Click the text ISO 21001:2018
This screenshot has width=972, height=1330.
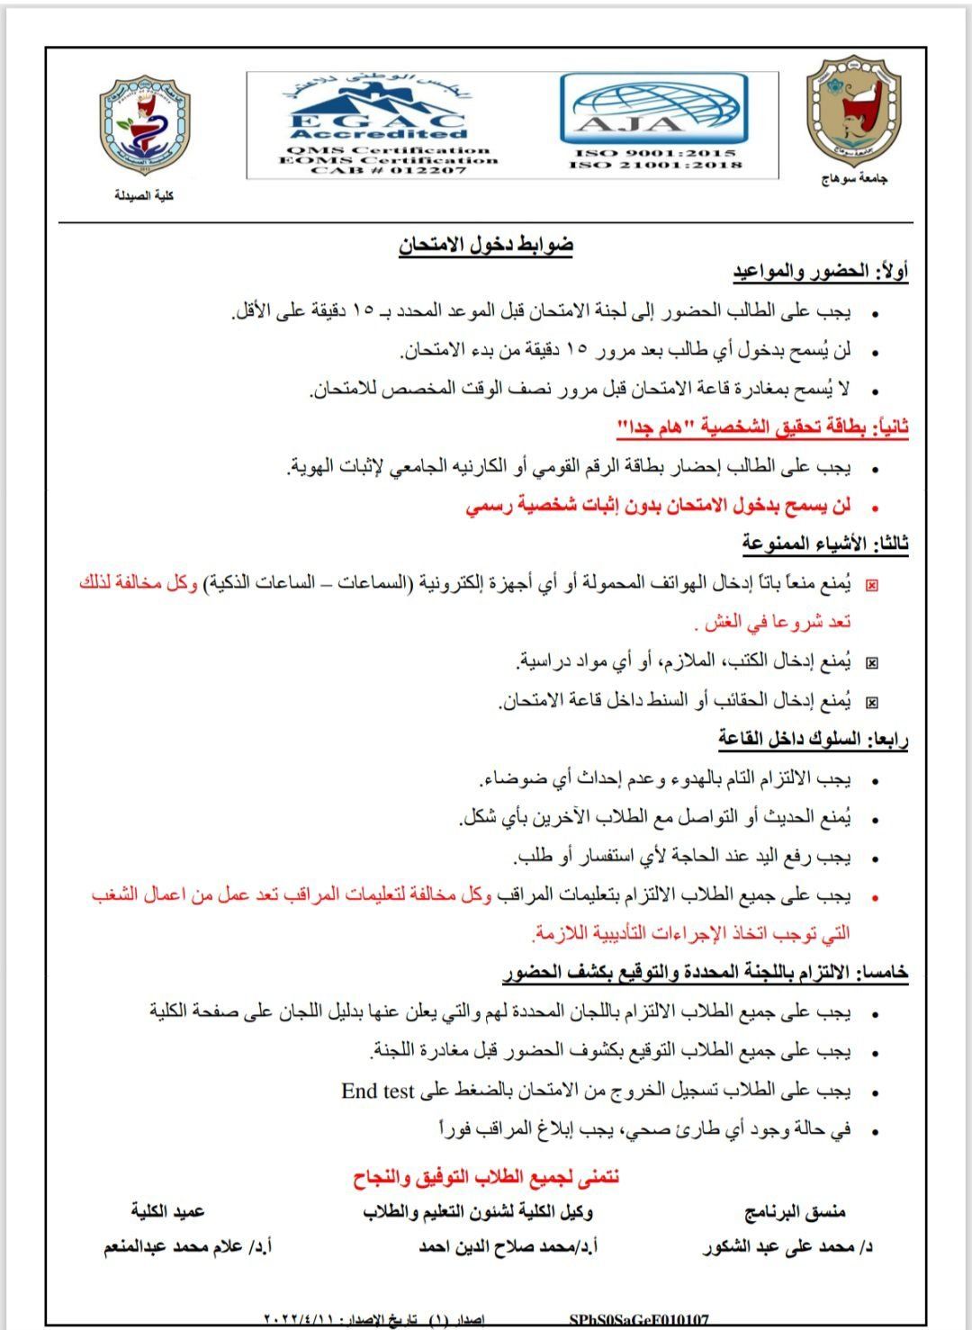656,165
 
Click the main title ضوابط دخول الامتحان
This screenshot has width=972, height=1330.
486,245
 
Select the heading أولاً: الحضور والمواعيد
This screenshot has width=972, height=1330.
821,272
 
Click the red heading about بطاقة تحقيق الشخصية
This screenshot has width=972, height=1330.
762,428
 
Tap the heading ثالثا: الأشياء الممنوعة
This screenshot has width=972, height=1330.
825,543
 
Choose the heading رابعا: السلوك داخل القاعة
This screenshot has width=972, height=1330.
814,740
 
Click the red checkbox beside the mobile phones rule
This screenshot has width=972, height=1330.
871,585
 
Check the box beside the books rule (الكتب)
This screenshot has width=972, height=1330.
871,663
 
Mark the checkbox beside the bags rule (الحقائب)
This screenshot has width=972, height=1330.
871,702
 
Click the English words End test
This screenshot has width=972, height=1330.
378,1091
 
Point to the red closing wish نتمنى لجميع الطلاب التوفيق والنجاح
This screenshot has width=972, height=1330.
486,1176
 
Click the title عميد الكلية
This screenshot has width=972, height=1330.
167,1211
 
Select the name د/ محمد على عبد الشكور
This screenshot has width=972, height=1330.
787,1247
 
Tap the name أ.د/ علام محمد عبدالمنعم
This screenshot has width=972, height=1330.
188,1247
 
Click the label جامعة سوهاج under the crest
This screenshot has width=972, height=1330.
853,179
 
